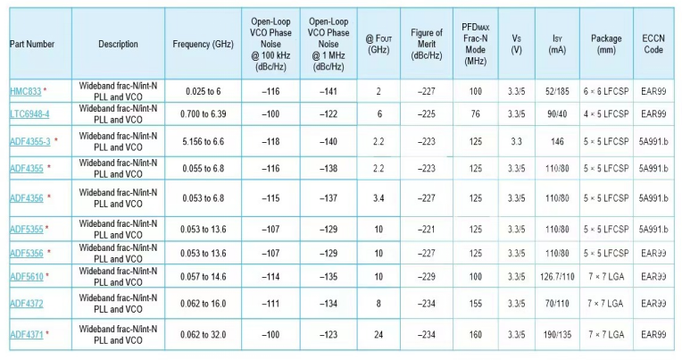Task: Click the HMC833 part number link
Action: (25, 92)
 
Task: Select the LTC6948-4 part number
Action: (29, 114)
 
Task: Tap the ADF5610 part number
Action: (25, 277)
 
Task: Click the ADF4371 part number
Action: (25, 334)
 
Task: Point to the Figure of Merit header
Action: (427, 44)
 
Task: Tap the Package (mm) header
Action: (607, 44)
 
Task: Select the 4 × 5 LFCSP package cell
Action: (607, 114)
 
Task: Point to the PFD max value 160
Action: (475, 334)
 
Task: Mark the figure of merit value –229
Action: (427, 277)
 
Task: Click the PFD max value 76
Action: (475, 114)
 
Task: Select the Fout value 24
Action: (378, 334)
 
